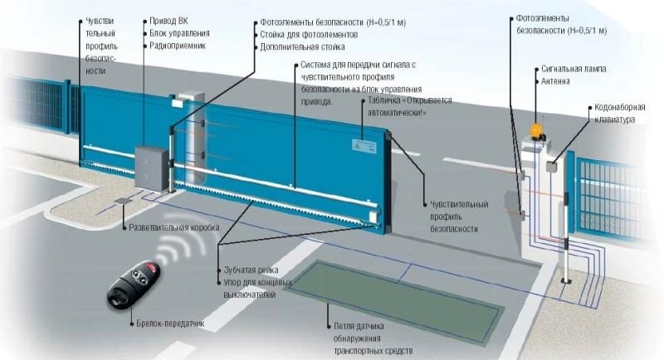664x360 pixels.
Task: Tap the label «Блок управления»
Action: (180, 33)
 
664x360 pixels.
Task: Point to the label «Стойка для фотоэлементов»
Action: (309, 36)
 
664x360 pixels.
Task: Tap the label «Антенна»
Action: (555, 83)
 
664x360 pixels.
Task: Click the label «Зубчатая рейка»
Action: (251, 270)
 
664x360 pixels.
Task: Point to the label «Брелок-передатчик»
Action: (173, 323)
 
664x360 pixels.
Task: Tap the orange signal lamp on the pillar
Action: (536, 129)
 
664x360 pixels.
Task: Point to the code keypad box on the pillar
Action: (550, 165)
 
